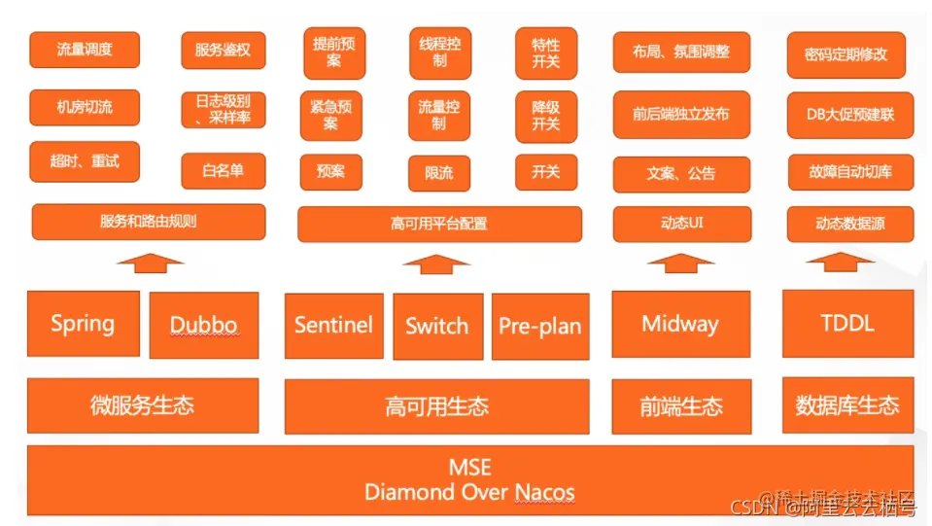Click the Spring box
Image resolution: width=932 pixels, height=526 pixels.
[x=83, y=323]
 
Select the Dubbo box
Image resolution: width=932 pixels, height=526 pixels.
[x=204, y=325]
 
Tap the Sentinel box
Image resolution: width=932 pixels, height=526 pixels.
[x=333, y=325]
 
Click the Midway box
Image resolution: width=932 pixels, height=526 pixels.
[x=680, y=325]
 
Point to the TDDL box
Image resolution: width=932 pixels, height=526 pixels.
[x=847, y=325]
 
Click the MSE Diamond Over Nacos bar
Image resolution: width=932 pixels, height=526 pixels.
[x=470, y=480]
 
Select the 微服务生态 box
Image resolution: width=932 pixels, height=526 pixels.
[x=143, y=405]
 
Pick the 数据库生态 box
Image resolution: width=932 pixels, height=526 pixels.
[x=847, y=405]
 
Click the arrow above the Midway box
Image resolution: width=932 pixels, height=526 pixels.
[x=680, y=263]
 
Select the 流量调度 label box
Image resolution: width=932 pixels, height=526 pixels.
[x=85, y=50]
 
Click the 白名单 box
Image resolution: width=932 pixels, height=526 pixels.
[x=223, y=171]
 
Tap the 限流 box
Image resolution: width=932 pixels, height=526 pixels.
[x=439, y=172]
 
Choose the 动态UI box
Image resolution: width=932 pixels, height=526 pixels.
[x=681, y=224]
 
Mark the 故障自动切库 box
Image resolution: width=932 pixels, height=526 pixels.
[x=850, y=172]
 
